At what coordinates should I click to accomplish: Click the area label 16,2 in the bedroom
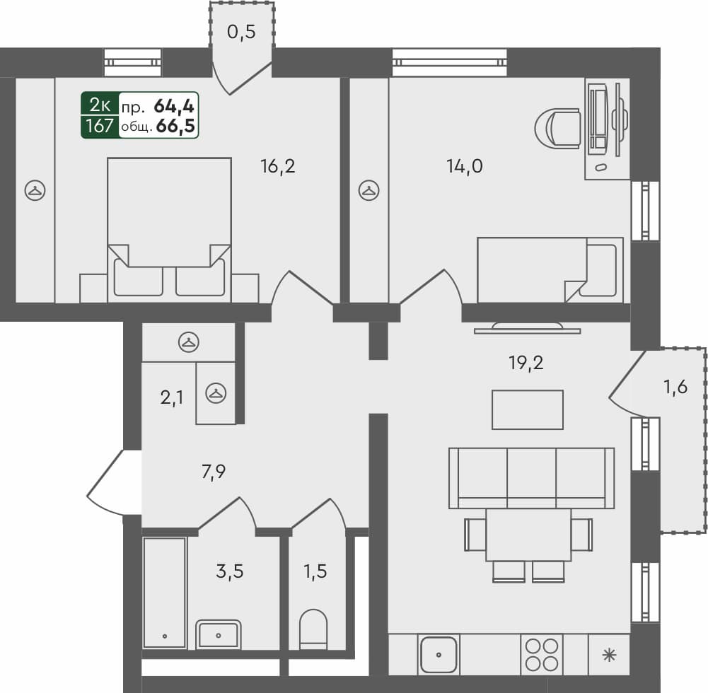tap(277, 167)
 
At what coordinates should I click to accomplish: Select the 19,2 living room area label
tap(526, 363)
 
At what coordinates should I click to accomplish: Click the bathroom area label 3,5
tap(229, 571)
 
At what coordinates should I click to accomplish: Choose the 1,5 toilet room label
tap(315, 571)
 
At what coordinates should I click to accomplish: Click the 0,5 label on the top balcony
tap(240, 32)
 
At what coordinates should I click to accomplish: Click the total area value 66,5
tap(176, 127)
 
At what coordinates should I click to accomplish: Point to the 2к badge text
tap(99, 105)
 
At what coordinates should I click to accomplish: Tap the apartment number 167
tap(99, 127)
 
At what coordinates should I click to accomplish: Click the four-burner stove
tap(540, 655)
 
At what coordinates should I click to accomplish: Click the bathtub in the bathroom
tap(164, 593)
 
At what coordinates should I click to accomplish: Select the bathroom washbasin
tap(219, 634)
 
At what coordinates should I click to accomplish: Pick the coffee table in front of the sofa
tap(528, 409)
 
